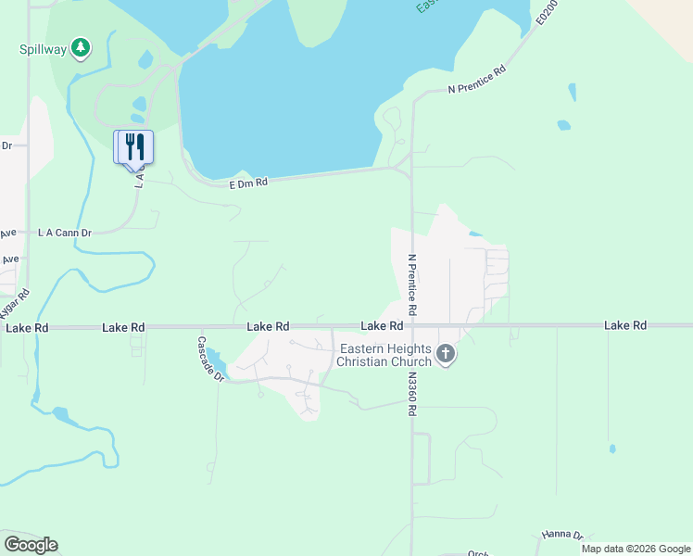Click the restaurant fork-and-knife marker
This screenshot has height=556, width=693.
(x=133, y=146)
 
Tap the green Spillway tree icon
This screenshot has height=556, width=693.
(x=82, y=47)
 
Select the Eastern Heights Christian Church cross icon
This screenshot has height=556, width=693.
(x=446, y=354)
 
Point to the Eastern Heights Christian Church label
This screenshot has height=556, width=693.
(x=384, y=355)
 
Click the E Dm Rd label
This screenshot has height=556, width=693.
(x=248, y=183)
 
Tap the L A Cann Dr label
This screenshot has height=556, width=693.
(x=64, y=233)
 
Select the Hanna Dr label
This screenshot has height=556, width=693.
(x=561, y=536)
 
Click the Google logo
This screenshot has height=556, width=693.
(x=31, y=545)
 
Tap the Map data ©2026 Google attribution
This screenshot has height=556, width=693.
(x=636, y=549)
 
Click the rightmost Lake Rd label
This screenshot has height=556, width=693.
(x=625, y=325)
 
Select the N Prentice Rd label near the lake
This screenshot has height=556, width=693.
(x=477, y=81)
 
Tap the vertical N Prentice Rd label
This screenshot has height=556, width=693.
(x=411, y=284)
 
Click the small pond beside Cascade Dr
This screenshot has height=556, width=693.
(x=214, y=357)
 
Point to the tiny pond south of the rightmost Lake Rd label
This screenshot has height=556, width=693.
(x=611, y=449)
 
